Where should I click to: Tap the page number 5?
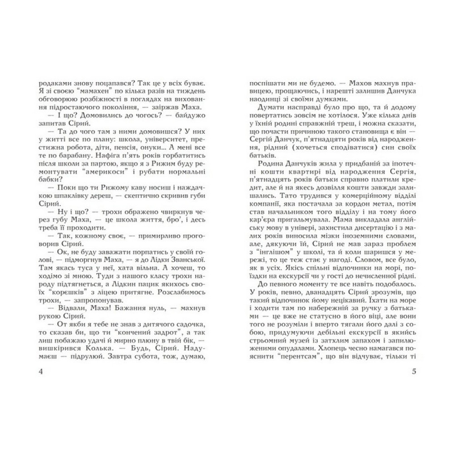pyautogui.click(x=413, y=372)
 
